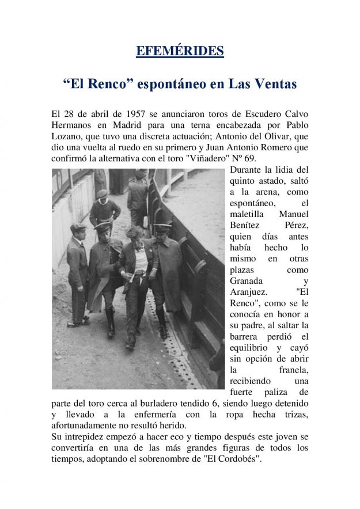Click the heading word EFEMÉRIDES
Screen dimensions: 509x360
pyautogui.click(x=180, y=51)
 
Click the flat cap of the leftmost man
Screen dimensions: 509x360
pyautogui.click(x=78, y=228)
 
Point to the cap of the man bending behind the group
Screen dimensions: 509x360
pyautogui.click(x=102, y=194)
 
